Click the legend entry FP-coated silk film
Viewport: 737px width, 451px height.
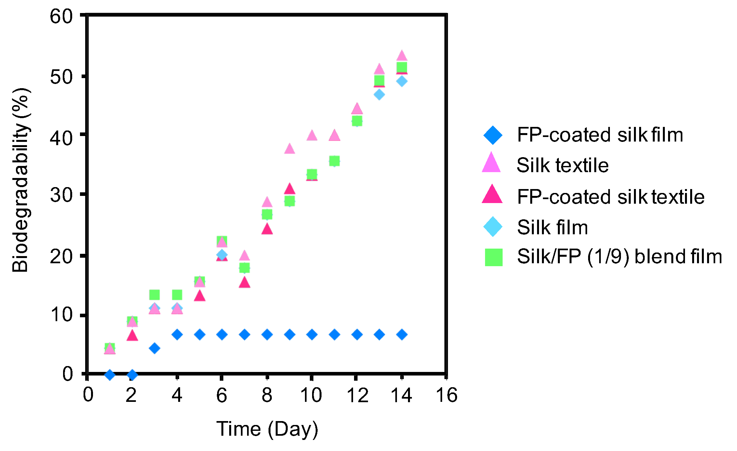tap(600, 135)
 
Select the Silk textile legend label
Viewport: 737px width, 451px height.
tap(562, 165)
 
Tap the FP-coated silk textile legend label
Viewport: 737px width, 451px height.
tap(611, 197)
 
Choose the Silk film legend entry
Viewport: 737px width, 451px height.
tap(552, 227)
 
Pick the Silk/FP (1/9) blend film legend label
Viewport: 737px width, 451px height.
tap(619, 256)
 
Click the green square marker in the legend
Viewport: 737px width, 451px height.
tap(494, 257)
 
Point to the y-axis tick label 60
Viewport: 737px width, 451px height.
tap(61, 16)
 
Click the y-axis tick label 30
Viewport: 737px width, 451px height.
tap(61, 195)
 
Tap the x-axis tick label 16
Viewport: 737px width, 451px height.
tap(446, 395)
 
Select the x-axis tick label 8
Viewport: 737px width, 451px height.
tap(267, 395)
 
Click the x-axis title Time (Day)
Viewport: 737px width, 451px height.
tap(267, 429)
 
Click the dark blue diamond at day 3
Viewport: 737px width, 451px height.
tap(154, 348)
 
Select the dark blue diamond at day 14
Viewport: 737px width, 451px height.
tap(402, 335)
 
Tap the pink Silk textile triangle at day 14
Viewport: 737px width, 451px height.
tap(402, 56)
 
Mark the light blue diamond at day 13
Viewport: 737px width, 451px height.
tap(379, 95)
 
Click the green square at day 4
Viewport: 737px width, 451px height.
tap(177, 295)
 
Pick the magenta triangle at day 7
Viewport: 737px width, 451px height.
tap(244, 283)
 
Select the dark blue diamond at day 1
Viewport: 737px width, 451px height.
tap(110, 375)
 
